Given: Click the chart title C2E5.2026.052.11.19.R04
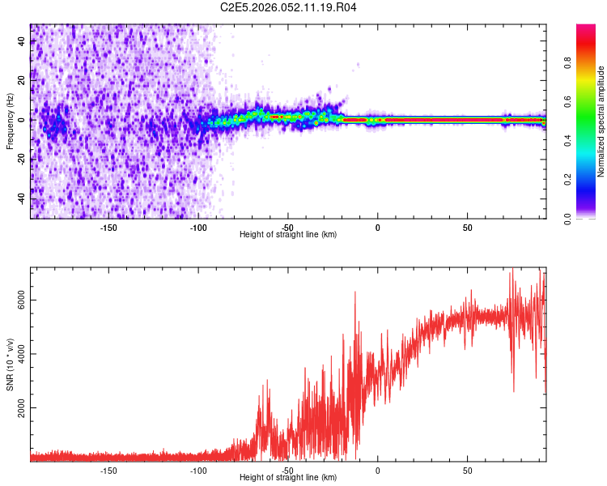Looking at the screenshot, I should tap(289, 7).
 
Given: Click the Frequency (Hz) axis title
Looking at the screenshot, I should tap(10, 122).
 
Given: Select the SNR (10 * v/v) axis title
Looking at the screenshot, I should tap(10, 364).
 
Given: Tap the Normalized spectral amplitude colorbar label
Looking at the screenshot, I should tap(601, 122).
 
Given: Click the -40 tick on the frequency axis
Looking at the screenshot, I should tap(23, 198).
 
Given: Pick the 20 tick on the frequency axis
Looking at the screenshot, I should tap(23, 80).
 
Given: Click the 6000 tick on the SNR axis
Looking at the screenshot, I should tap(23, 300).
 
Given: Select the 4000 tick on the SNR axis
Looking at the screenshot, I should tap(23, 353).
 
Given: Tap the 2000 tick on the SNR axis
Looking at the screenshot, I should tap(23, 407).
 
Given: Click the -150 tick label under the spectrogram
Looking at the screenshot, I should tap(108, 228).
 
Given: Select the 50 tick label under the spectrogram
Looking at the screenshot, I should tap(467, 228).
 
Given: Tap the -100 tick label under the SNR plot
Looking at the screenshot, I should tap(198, 471).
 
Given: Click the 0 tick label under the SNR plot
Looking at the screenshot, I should tap(377, 471).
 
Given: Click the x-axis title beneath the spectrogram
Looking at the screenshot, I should tap(289, 235).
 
